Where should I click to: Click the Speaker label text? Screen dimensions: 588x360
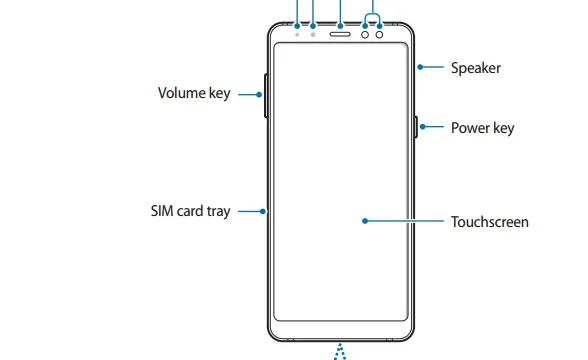tap(476, 68)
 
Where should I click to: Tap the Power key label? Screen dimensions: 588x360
tap(482, 128)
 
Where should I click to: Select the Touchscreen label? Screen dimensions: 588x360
tap(489, 222)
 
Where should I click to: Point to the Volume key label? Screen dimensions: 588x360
tap(194, 93)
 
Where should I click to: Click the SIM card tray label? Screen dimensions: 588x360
tap(190, 211)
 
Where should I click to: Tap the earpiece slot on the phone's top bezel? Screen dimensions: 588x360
tap(340, 34)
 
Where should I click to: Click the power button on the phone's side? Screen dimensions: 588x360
tap(416, 127)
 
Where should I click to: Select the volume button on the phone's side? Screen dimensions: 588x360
tap(266, 96)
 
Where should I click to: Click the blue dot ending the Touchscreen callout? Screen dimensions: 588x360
tap(365, 221)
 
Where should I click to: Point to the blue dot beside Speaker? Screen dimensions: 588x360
tap(420, 67)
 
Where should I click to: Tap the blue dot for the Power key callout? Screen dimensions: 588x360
tap(423, 127)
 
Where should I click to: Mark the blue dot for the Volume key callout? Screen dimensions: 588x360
tap(259, 94)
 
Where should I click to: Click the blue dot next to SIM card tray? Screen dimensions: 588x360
tap(262, 212)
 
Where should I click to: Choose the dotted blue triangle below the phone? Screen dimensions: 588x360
tap(340, 352)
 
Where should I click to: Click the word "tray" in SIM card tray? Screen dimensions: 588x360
tap(218, 212)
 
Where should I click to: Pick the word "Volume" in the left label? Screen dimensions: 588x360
tap(182, 93)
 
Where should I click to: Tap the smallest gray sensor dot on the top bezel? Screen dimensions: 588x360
tap(297, 34)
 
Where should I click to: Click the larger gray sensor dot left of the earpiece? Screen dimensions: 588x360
tap(313, 34)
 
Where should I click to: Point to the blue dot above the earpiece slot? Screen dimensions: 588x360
tap(340, 26)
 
